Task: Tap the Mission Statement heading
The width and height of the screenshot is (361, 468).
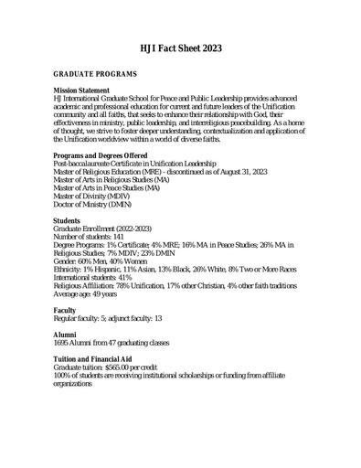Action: [82, 90]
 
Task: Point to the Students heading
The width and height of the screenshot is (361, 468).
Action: [69, 220]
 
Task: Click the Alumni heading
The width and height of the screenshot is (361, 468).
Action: [66, 335]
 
